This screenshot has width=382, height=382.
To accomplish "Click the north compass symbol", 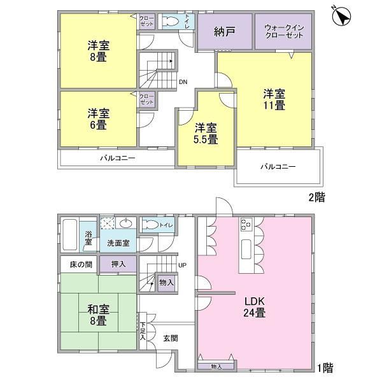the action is tap(341, 16).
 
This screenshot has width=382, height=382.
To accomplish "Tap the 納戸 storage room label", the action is tap(225, 31).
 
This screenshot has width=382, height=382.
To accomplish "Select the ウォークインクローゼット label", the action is tap(284, 32).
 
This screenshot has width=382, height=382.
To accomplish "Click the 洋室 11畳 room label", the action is tap(274, 100).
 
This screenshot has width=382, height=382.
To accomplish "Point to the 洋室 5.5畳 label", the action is tap(206, 134).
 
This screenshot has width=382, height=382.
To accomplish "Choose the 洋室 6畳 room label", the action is tap(99, 119).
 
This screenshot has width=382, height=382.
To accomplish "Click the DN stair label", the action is tap(183, 82).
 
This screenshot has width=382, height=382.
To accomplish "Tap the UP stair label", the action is tap(182, 265).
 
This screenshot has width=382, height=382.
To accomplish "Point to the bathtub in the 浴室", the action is tap(70, 234).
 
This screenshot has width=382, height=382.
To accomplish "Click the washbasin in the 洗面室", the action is tap(126, 223).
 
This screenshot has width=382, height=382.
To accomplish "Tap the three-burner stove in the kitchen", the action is tap(246, 224).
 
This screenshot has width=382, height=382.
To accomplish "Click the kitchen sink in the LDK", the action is tap(246, 249).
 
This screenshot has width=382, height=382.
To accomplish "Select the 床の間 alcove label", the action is tap(81, 264).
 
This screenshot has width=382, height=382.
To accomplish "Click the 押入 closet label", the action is tap(118, 264).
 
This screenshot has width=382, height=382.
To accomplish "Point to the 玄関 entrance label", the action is tap(171, 338).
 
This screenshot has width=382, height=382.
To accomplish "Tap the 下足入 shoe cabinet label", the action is tap(143, 331).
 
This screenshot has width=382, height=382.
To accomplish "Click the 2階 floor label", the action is tap(317, 197).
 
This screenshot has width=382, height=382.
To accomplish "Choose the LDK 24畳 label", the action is tap(255, 308).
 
